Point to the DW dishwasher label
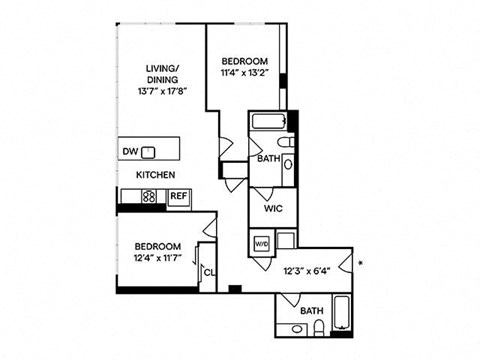click(x=130, y=152)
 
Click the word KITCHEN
click(x=156, y=174)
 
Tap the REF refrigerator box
click(x=178, y=197)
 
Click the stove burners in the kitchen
click(x=149, y=197)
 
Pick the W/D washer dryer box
click(x=261, y=242)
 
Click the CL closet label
click(x=209, y=270)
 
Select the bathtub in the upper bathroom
click(x=268, y=124)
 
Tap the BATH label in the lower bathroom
click(x=310, y=311)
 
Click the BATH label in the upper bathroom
click(x=267, y=158)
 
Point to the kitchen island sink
click(x=148, y=152)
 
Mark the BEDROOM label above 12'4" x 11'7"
click(x=158, y=246)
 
